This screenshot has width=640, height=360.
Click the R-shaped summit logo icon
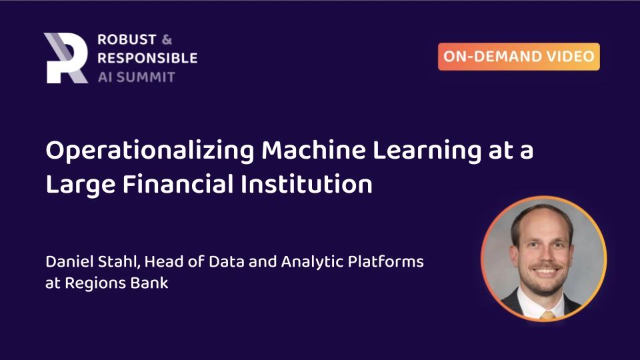[65, 58]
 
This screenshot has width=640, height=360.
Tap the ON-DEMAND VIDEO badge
[519, 57]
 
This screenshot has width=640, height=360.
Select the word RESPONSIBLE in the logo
[147, 58]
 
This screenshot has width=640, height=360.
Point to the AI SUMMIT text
[136, 76]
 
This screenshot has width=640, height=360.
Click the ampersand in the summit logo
[167, 40]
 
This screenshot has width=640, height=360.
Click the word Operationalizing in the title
[149, 152]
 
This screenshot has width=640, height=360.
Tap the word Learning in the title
[416, 152]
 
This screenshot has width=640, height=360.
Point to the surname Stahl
[117, 261]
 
